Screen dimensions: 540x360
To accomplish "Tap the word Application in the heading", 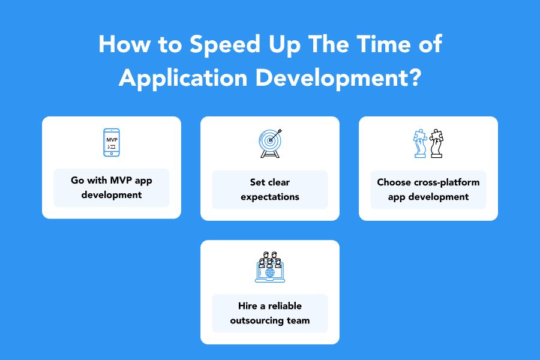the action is coord(183,78).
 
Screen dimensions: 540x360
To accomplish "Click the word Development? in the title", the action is coord(338,78).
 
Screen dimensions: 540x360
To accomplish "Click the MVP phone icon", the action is coord(112,143).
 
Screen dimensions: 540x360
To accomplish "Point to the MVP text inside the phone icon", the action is coord(112,140).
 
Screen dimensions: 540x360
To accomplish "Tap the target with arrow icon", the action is coord(271,143).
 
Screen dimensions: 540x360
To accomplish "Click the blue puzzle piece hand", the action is coord(420,143).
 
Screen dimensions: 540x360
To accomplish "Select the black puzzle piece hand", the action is coord(436,143).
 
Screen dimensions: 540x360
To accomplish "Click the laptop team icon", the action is coord(270,267).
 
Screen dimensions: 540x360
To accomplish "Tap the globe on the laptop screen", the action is coord(270,273).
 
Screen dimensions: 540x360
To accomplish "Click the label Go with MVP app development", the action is coord(112,188).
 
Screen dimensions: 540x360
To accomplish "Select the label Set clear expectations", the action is coord(270,190).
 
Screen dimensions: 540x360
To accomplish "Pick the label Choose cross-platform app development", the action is coord(428,190).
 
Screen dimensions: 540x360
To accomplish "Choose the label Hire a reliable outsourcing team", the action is coord(270,313).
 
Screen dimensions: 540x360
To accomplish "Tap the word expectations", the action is coord(270,197).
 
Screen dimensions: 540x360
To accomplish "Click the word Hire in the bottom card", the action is coord(247,306).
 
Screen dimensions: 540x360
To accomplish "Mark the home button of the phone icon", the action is coord(112,154).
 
